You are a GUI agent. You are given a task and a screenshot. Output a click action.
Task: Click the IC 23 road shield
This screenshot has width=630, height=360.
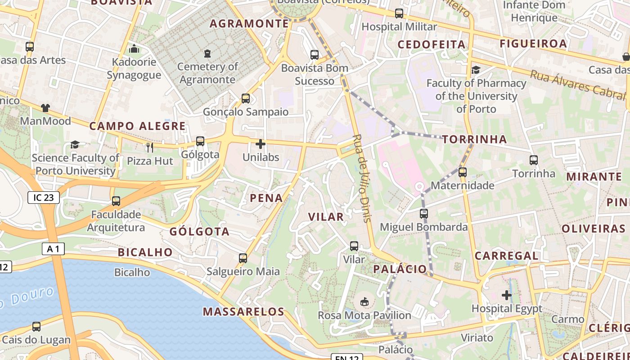(x=44, y=198)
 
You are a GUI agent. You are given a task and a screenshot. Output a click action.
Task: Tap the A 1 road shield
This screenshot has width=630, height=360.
(x=54, y=249)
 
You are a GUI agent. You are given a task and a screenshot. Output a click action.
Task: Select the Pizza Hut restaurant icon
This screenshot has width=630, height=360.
(x=150, y=147)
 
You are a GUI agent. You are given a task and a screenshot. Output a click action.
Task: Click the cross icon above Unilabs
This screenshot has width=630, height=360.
(x=260, y=144)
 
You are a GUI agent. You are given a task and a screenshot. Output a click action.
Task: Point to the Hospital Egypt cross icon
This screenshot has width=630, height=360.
(x=507, y=295)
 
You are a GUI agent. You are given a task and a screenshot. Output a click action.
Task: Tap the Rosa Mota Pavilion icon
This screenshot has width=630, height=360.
(x=364, y=301)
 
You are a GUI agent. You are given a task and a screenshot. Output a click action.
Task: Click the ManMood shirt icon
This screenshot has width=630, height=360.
(x=45, y=108)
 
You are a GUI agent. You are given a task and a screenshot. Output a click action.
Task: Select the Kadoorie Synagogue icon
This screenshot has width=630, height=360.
(x=134, y=49)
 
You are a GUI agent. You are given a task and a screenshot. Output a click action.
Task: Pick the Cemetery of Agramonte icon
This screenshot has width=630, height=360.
(x=207, y=54)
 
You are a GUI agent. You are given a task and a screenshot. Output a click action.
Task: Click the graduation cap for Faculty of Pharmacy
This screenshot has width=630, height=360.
(x=476, y=70)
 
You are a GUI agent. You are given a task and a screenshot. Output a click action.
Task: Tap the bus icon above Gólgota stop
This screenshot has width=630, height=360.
(x=200, y=141)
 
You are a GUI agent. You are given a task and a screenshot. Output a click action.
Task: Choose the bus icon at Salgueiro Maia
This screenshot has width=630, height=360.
(x=243, y=258)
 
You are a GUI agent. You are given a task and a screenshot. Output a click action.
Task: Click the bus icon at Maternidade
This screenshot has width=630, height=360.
(x=463, y=172)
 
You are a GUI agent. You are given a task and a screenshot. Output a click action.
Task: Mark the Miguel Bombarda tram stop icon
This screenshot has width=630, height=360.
(x=423, y=214)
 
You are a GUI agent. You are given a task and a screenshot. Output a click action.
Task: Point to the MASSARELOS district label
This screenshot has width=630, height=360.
(x=243, y=311)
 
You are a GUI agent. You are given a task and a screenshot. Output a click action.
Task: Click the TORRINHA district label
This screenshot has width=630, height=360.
(x=474, y=139)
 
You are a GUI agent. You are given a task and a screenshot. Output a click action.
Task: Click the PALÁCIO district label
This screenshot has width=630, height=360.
(x=400, y=269)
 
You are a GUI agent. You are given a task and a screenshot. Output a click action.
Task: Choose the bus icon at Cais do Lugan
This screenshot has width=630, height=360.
(x=36, y=327)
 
